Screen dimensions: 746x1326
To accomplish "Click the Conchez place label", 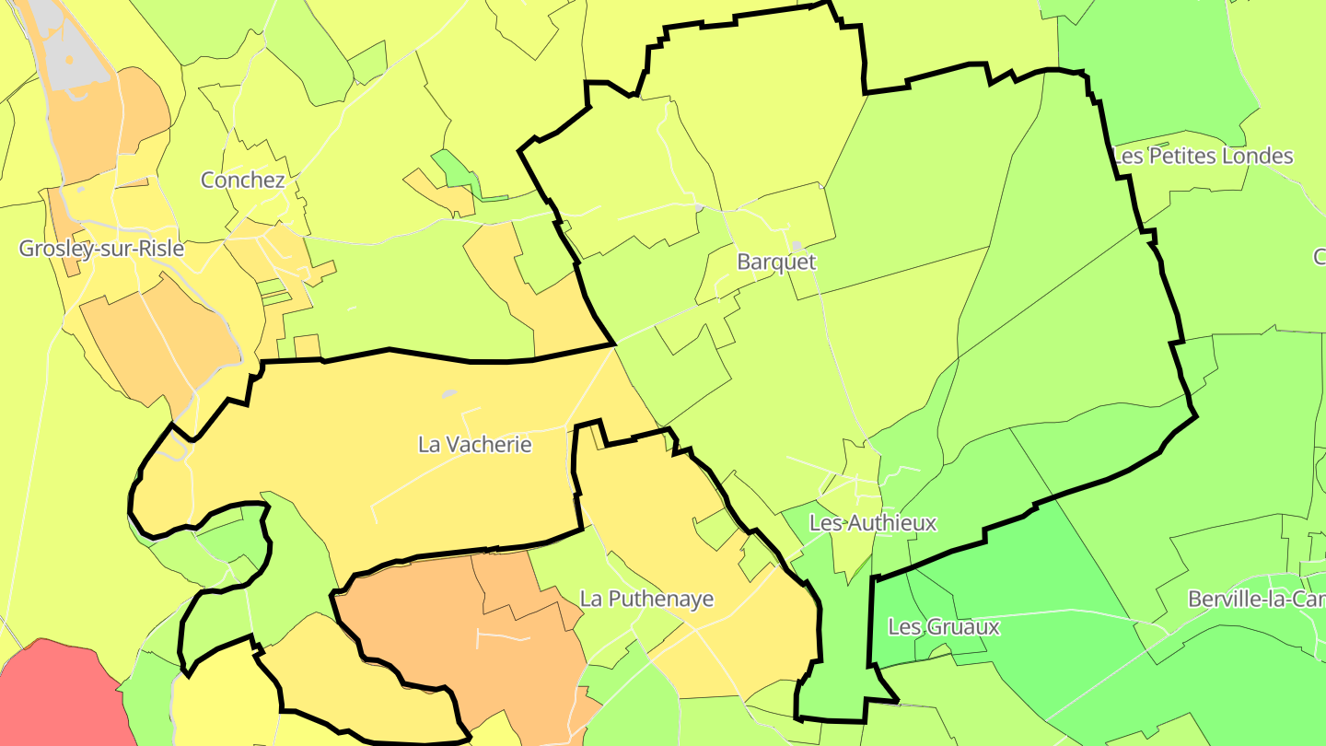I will pos(243,181).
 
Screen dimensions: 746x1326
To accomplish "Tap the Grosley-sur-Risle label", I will pos(101,249).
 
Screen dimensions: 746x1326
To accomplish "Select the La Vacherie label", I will pos(475,444).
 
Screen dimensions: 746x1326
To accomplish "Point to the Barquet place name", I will pos(776,262).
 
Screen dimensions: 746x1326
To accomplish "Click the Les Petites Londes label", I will pos(1203,157).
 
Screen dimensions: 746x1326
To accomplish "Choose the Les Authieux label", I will pos(872,523).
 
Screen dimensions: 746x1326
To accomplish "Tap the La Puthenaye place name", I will pos(646,599).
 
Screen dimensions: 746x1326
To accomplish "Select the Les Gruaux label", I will pos(944,627).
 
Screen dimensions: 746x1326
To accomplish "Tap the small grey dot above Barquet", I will pos(797,245).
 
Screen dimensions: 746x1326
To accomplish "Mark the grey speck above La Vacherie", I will pos(448,393).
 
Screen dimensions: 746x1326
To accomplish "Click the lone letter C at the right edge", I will pos(1320,257).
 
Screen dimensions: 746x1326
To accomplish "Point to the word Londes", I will pos(1258,157).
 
